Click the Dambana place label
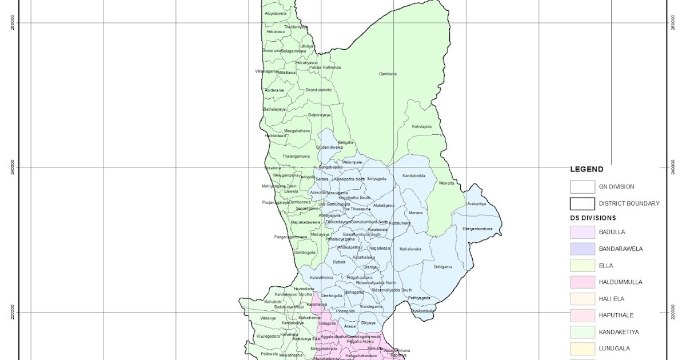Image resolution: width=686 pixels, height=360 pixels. pos(388,74)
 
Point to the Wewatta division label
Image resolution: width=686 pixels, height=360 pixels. pos(446,183)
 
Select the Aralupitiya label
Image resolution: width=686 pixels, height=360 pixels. pos(476,203)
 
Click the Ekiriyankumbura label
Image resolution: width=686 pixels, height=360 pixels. pos(477,229)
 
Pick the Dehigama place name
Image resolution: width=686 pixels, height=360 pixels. pos(442,267)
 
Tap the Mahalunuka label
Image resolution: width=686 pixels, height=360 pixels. pos(410,249)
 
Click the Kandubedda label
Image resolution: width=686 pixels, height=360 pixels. pos(413,175)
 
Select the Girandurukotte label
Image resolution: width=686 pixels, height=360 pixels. pos(318,90)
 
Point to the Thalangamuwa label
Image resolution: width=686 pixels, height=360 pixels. pos(296,156)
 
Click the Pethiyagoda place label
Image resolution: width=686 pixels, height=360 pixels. pos(418,298)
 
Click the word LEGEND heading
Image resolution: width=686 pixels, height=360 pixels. pos(587,169)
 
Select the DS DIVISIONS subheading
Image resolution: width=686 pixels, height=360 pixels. pos(593,218)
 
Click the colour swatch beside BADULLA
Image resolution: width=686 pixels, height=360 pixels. pos(582,232)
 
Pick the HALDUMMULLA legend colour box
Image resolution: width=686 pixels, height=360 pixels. pos(582,282)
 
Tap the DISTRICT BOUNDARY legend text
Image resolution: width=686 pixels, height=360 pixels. pos(629,203)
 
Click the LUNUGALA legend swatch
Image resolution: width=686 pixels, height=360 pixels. pos(582,348)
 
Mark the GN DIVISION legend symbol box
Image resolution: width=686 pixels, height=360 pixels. pos(582,187)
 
